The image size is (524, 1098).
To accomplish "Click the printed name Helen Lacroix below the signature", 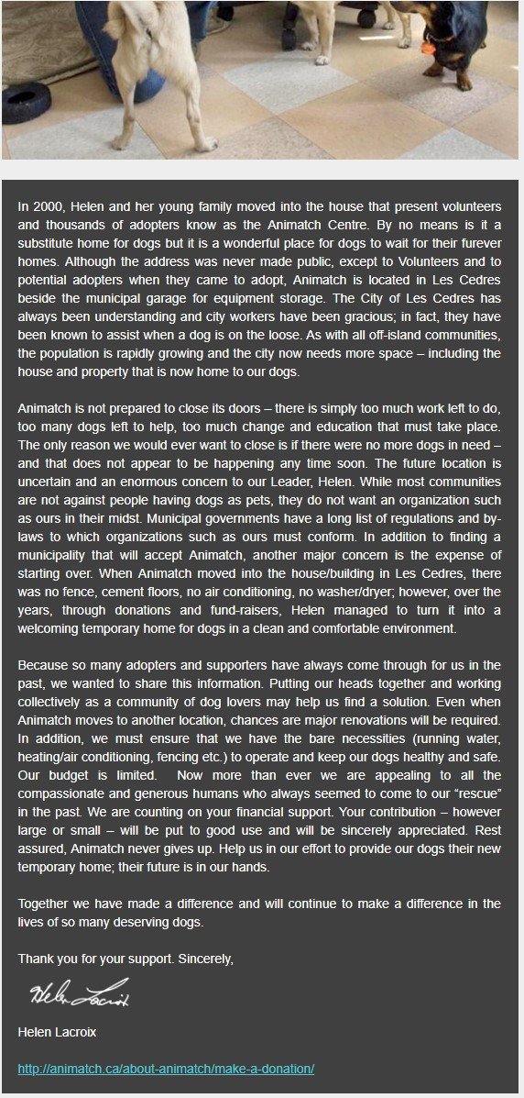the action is click(x=58, y=1033).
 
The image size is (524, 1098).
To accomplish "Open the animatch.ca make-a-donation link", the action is click(x=166, y=1069).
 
